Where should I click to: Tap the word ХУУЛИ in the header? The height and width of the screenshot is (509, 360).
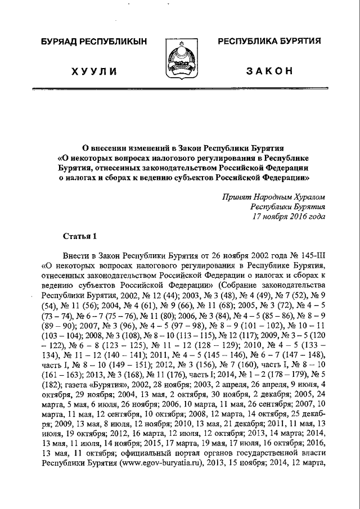tap(94, 71)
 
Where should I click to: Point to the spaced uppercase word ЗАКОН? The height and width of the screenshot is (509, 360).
tap(270, 71)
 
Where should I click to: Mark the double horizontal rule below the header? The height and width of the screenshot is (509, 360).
tap(180, 89)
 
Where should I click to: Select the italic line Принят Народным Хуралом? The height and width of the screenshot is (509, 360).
tap(273, 197)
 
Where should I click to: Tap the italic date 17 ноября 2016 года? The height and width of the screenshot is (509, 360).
tap(288, 215)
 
